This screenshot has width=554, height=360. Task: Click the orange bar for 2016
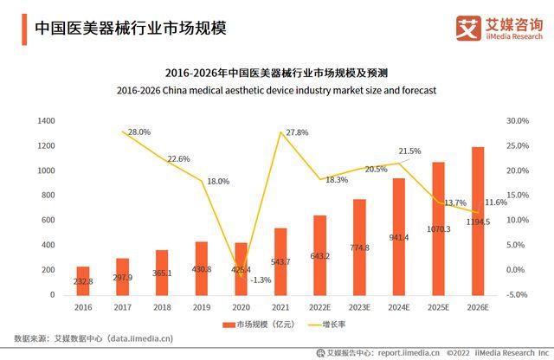click(x=83, y=280)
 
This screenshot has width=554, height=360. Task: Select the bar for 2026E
click(x=478, y=221)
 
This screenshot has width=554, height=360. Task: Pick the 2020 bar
click(x=241, y=268)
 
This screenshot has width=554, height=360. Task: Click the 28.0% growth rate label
click(x=139, y=132)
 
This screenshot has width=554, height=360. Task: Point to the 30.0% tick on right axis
click(x=517, y=120)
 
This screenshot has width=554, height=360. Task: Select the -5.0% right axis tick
click(x=517, y=295)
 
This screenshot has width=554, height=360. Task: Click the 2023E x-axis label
click(x=360, y=307)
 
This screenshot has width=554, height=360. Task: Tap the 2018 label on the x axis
click(x=162, y=307)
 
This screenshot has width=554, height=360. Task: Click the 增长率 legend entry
click(x=327, y=325)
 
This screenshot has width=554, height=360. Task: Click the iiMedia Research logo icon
click(x=467, y=29)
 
